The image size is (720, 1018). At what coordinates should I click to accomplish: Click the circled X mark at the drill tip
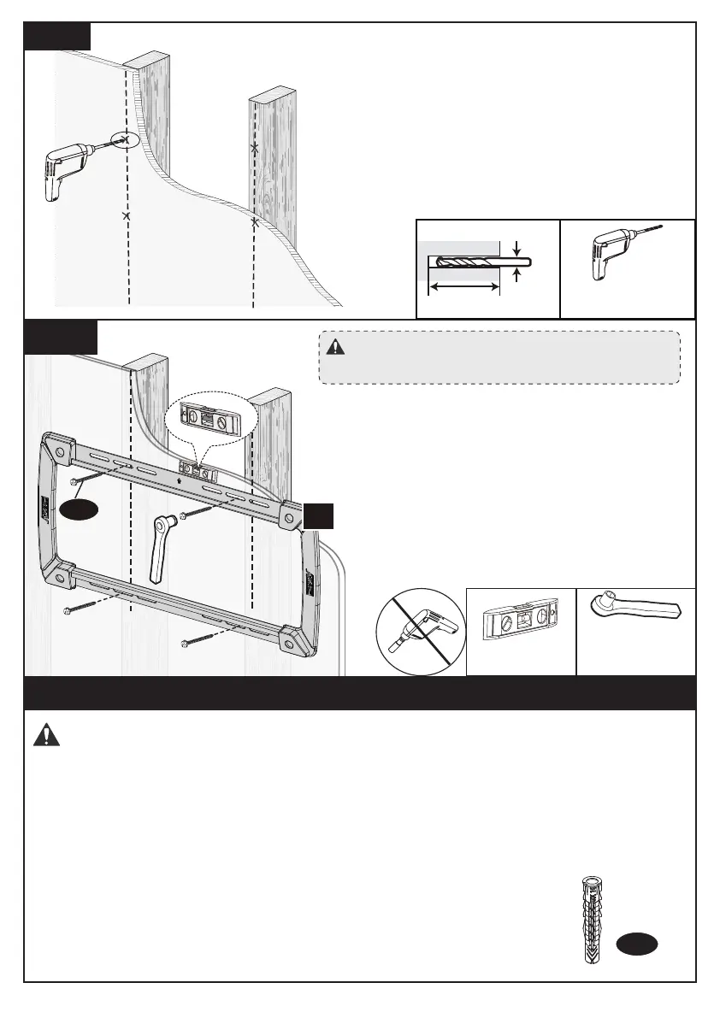click(125, 138)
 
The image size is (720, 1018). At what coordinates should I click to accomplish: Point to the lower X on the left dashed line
click(127, 217)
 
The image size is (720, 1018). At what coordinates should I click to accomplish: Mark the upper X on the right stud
click(254, 148)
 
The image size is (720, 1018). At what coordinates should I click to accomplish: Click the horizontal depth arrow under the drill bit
click(463, 289)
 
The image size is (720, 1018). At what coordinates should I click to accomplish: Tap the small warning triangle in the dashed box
click(334, 347)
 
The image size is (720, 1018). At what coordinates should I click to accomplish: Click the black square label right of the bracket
click(317, 516)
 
